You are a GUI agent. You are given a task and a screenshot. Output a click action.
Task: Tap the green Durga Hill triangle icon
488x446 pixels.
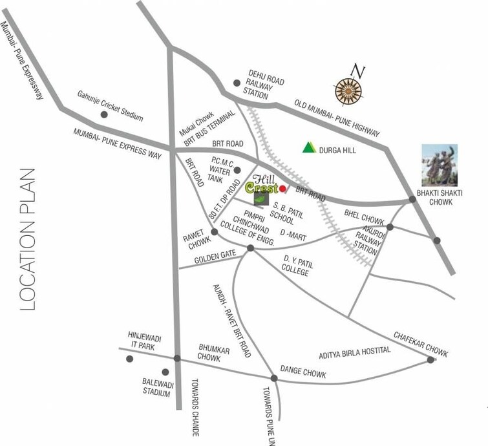[309, 147]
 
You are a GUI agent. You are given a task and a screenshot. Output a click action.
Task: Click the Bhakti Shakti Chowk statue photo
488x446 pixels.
[440, 165]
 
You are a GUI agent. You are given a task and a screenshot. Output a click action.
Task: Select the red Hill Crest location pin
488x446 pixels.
[282, 188]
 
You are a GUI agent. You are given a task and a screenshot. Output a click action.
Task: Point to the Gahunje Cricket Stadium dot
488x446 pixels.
[103, 114]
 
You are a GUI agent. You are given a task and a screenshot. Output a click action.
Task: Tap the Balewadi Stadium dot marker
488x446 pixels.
[165, 372]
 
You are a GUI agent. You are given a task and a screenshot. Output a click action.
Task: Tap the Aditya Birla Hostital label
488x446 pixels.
[355, 353]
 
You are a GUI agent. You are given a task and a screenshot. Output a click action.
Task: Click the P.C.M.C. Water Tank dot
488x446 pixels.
[237, 171]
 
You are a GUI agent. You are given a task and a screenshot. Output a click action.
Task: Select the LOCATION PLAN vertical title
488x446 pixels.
[27, 239]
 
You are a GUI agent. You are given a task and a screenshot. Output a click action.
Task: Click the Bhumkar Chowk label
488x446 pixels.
[214, 353]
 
